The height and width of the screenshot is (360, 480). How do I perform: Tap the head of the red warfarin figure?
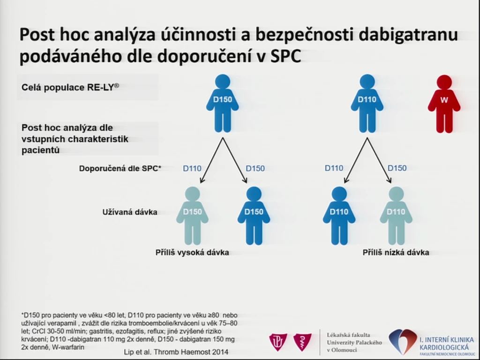[x=444, y=82]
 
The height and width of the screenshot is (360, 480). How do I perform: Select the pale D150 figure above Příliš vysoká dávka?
[x=192, y=216]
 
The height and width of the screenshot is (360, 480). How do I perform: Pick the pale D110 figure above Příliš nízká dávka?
[x=396, y=216]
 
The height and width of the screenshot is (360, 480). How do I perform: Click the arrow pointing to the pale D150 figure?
[x=211, y=160]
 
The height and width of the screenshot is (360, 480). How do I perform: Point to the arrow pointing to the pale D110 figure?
[x=379, y=160]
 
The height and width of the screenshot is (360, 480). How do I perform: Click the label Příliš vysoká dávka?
[x=192, y=253]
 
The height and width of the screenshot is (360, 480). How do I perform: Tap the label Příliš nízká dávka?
[x=396, y=253]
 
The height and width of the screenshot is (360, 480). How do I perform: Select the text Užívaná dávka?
[x=130, y=212]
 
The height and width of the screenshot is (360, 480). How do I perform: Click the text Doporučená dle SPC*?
[x=120, y=168]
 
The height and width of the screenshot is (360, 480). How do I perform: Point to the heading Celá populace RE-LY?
[x=70, y=87]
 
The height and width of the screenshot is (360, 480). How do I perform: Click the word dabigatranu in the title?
[x=408, y=34]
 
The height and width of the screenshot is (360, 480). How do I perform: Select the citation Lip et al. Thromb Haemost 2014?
[x=176, y=352]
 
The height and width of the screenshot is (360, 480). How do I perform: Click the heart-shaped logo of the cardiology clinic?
[x=403, y=341]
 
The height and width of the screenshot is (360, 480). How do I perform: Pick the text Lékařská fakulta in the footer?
[x=348, y=335]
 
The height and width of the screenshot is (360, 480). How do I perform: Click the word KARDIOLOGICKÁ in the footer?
[x=444, y=347]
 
